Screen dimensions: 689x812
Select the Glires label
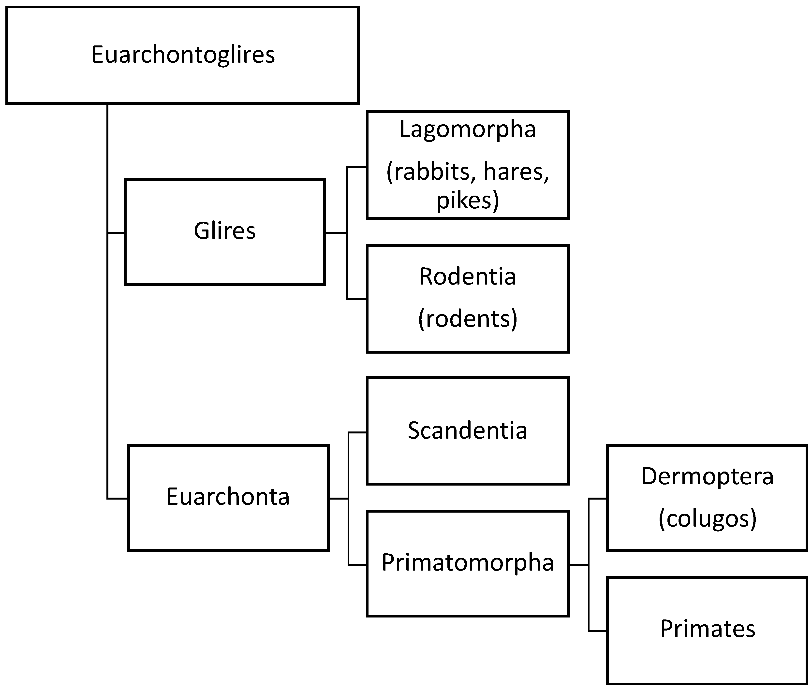click(225, 230)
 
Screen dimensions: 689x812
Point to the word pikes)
click(467, 200)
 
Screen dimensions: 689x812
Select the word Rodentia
click(467, 276)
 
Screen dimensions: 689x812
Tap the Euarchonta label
click(228, 497)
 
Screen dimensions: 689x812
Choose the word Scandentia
click(467, 431)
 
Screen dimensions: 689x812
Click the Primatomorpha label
click(467, 562)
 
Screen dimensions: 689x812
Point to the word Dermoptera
click(707, 476)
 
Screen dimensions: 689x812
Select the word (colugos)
click(707, 519)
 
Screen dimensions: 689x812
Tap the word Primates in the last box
click(707, 629)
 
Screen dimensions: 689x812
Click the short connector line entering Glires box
click(116, 233)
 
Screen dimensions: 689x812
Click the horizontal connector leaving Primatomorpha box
click(578, 564)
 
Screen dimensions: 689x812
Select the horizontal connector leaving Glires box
click(336, 233)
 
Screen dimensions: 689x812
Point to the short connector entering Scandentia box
click(357, 432)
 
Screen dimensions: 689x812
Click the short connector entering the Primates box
click(597, 631)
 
